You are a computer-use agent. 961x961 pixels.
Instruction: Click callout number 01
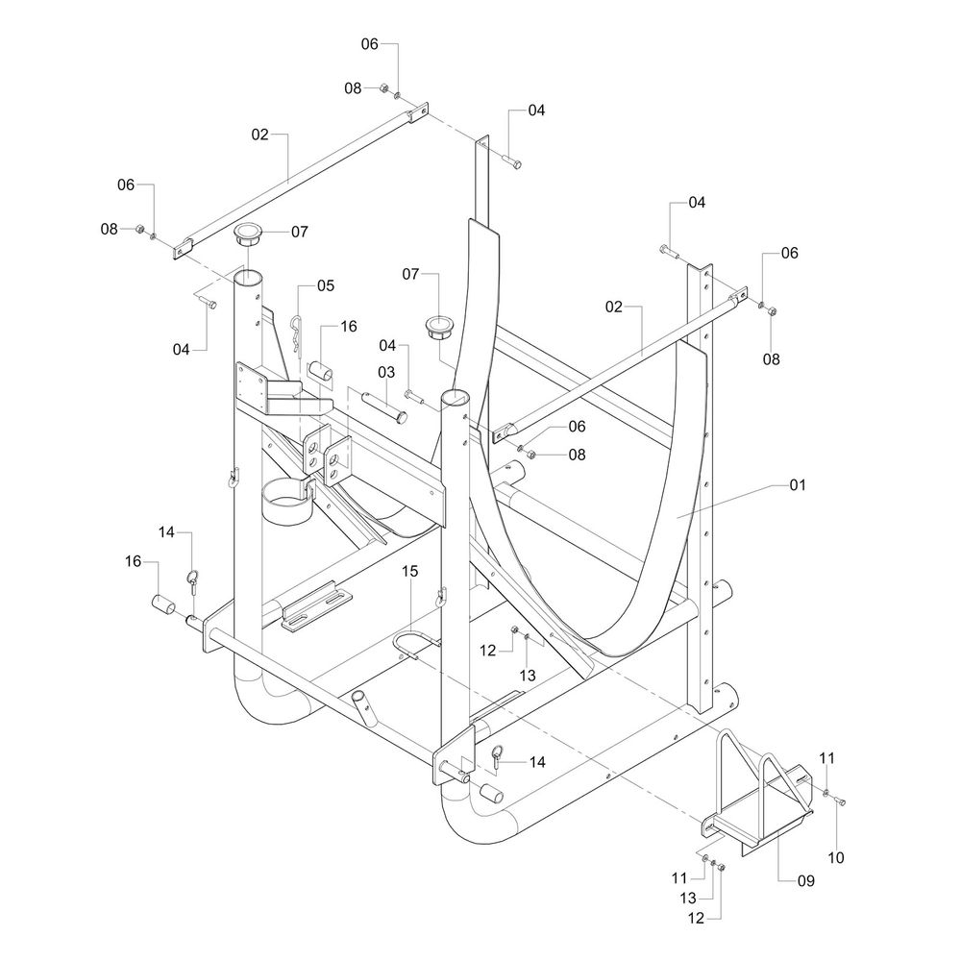796,485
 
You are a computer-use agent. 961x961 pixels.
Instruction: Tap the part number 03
386,371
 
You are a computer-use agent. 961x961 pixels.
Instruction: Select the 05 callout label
325,285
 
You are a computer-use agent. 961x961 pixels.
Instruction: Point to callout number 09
804,880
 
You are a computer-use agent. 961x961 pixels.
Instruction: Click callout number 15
409,571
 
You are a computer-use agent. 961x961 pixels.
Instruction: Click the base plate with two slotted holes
317,607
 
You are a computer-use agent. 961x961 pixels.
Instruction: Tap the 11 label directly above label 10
826,760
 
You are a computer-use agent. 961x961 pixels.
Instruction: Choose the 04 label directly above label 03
387,345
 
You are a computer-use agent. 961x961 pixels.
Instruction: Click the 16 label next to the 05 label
347,327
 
